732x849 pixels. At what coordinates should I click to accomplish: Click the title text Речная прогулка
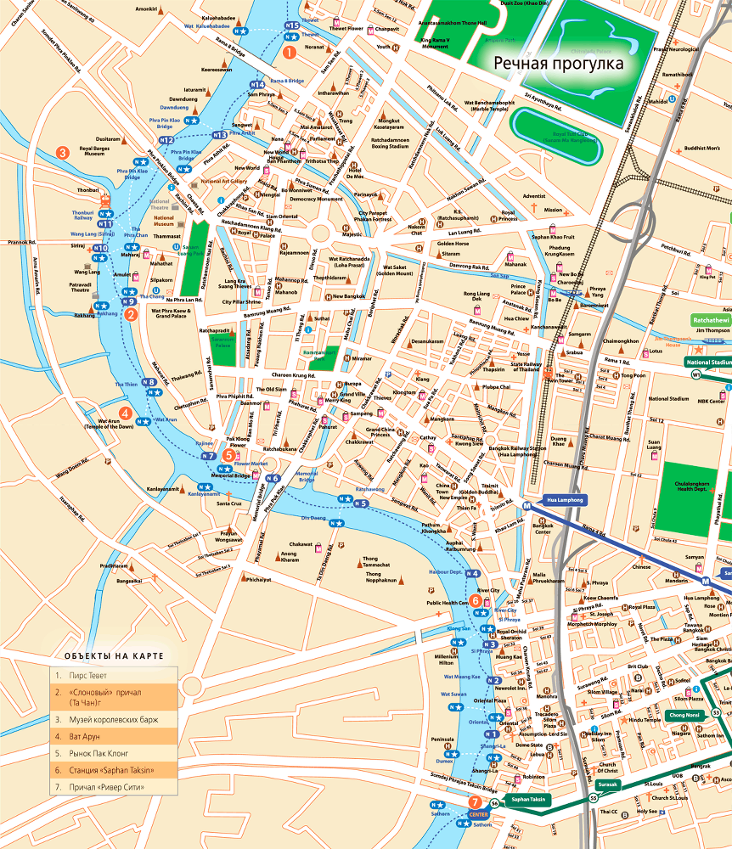560,64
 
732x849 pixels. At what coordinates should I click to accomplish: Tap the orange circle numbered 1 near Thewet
290,52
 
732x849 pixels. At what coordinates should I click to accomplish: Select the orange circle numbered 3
62,152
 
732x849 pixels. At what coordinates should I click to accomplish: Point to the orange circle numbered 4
125,413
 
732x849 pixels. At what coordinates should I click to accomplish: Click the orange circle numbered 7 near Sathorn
474,801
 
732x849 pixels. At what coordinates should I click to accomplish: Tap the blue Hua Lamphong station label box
565,500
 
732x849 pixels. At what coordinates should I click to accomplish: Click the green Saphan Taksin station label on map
527,799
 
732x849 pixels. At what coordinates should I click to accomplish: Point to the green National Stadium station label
708,361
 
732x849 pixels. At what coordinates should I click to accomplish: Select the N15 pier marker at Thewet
292,25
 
